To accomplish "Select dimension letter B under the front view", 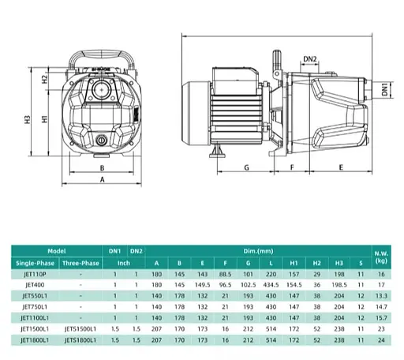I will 102,167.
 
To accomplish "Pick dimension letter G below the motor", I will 246,167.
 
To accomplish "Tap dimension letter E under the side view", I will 340,167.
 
